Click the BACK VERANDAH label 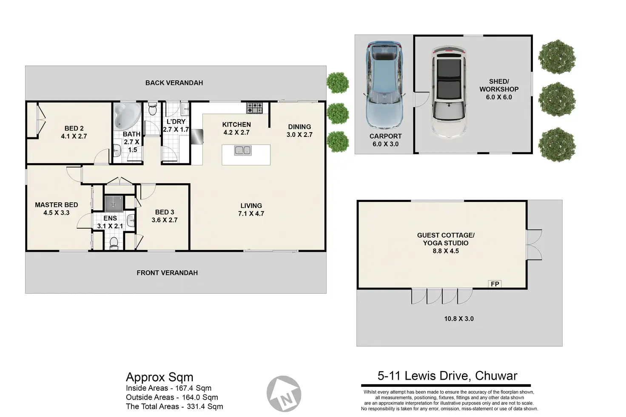point(174,83)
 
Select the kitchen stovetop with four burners point(254,108)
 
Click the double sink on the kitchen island point(243,150)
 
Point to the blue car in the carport point(384,85)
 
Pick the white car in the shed point(449,92)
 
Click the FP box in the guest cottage point(495,284)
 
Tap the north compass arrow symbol point(284,394)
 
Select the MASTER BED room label point(57,205)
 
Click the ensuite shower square point(113,204)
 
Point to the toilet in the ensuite point(114,243)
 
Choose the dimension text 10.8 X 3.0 point(459,319)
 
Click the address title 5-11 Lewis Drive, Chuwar point(447,376)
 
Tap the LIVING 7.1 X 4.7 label point(251,210)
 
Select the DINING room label point(299,127)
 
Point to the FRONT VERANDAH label point(167,273)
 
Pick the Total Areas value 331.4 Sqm point(205,407)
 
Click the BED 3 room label point(165,212)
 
